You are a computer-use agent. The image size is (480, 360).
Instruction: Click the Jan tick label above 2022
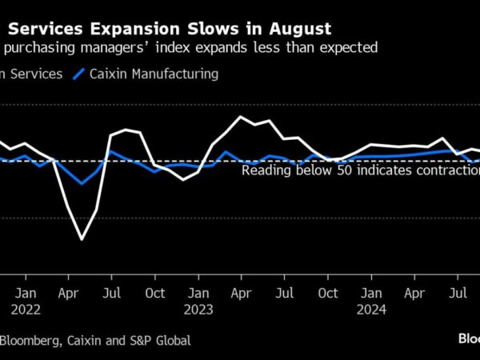[x=26, y=293]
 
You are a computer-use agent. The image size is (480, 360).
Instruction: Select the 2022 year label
[x=26, y=308]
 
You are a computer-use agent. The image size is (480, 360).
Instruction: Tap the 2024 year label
[x=371, y=308]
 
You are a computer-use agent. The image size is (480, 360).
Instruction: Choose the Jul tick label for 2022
[x=113, y=293]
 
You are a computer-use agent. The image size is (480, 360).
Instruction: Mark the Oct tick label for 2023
[x=328, y=293]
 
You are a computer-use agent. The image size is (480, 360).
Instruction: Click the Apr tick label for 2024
[x=414, y=293]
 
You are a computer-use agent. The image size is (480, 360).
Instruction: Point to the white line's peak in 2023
[x=240, y=117]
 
